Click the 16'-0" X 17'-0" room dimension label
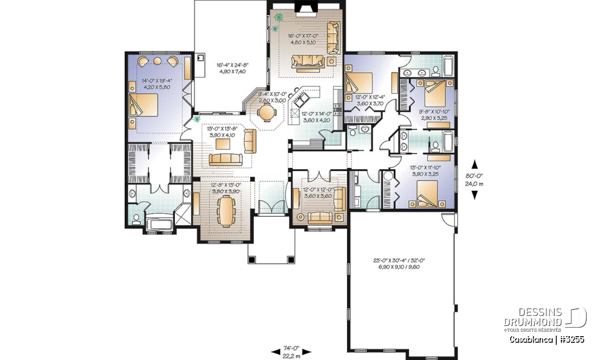point(302,36)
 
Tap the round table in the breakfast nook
point(267,112)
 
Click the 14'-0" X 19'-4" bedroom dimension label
point(157,81)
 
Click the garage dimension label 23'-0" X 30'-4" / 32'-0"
point(399,260)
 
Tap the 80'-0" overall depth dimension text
point(474,175)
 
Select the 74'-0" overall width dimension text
point(291,348)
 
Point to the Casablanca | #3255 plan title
point(547,340)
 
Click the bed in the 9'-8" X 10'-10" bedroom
point(435,93)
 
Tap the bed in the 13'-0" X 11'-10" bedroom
point(427,194)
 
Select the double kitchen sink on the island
point(301,100)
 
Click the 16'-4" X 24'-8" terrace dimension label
point(233,65)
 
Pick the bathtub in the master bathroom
point(159,224)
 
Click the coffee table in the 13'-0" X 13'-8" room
point(222,144)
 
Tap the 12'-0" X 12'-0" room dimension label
point(318,190)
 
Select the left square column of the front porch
point(252,260)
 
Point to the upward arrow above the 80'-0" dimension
point(474,165)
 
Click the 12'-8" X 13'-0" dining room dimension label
point(226,185)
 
